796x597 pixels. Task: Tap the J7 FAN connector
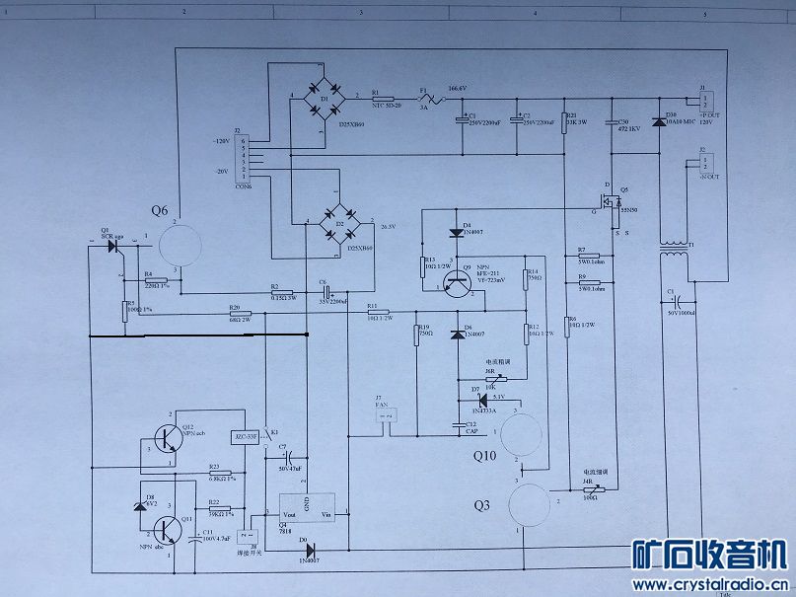tap(385, 418)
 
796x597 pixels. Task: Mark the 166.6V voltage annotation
tap(457, 88)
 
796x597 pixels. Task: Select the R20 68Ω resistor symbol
tap(234, 315)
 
